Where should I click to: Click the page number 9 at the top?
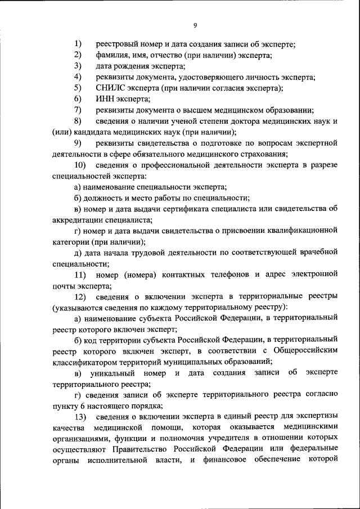[195, 25]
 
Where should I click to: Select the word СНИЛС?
[109, 88]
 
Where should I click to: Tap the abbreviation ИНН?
[105, 99]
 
